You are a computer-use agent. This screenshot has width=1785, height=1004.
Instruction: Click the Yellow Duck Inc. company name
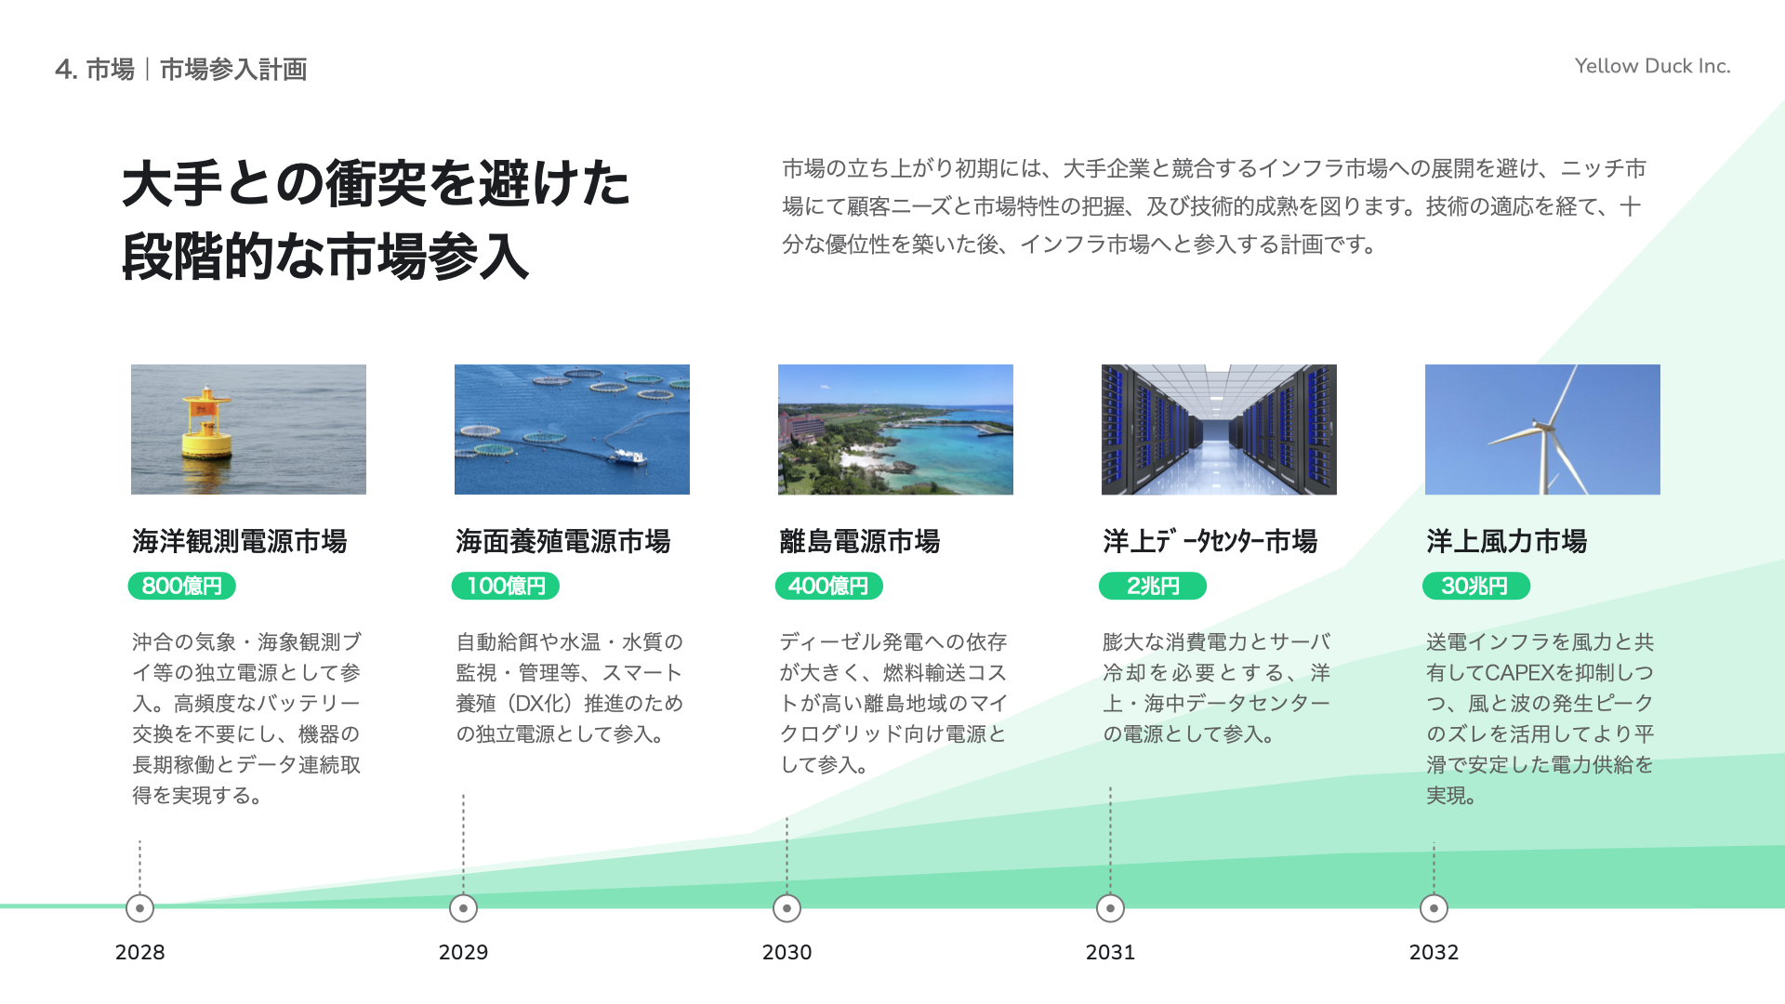point(1652,66)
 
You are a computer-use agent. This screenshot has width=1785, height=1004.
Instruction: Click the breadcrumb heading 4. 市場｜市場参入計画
point(181,70)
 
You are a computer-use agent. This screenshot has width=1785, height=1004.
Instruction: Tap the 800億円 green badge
point(182,586)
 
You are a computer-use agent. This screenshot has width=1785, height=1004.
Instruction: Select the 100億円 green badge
point(506,586)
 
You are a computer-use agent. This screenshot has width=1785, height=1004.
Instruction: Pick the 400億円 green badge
point(828,586)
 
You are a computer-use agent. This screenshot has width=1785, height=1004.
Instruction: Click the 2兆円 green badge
point(1153,586)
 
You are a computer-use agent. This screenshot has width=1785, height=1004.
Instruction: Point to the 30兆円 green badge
point(1476,586)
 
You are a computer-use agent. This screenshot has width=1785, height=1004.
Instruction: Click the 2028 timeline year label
point(139,952)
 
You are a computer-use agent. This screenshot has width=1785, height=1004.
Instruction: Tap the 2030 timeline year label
point(787,952)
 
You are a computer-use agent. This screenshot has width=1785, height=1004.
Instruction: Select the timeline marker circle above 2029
point(463,908)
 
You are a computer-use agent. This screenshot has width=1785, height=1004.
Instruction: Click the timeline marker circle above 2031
point(1110,908)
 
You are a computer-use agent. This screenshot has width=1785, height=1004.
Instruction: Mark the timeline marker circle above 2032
point(1434,908)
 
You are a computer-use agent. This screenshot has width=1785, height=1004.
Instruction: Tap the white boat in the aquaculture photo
point(626,456)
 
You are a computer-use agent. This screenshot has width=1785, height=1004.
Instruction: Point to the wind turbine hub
point(1544,427)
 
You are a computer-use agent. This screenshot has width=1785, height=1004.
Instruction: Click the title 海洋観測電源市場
point(240,541)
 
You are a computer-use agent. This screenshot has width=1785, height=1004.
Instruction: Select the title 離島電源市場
point(860,541)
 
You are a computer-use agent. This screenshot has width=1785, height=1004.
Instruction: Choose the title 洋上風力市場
point(1507,541)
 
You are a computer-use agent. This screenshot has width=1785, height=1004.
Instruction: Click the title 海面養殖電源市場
point(563,541)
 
